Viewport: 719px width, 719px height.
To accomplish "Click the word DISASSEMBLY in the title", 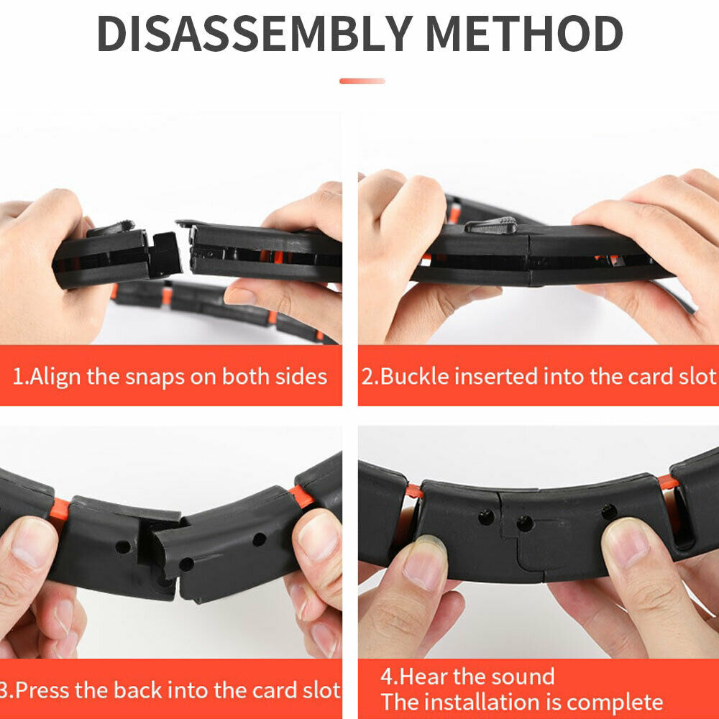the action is coord(255,34).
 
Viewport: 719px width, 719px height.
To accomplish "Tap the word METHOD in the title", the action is coord(524,34).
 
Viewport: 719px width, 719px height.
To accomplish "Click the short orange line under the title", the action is coord(362,81).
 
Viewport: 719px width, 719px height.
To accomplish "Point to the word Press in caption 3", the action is coord(43,690).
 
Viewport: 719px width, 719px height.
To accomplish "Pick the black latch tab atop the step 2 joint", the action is coord(491,225).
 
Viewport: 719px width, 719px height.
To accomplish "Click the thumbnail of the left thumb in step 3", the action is coord(34,542).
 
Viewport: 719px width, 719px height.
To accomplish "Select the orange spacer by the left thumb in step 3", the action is coord(59,510).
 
